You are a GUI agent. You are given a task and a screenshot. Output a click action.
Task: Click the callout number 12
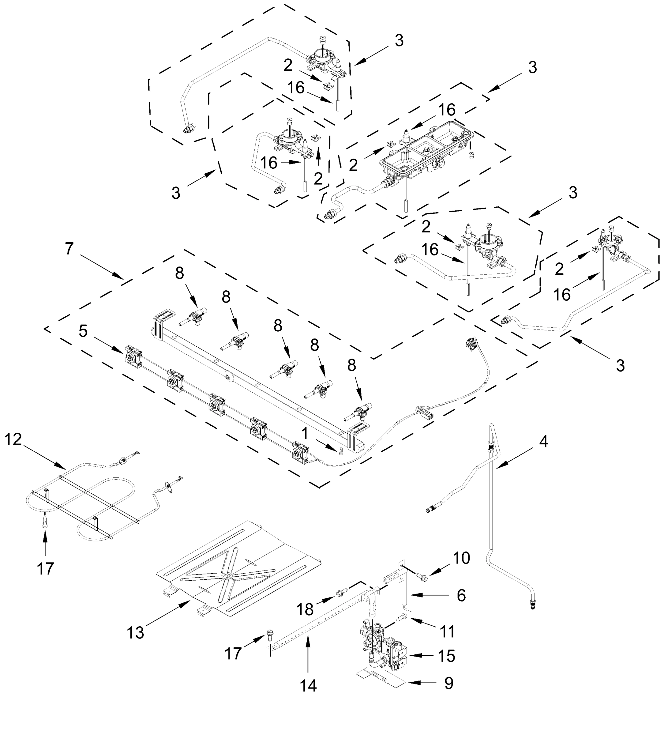(13, 439)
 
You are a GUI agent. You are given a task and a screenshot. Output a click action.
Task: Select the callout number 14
(308, 685)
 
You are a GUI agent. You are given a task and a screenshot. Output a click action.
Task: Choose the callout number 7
(69, 249)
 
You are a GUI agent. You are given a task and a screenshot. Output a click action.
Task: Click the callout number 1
(305, 433)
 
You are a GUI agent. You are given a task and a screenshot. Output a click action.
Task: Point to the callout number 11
(447, 631)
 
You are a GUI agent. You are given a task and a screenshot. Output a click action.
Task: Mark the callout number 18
(305, 609)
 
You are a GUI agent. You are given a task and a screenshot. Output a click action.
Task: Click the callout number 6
(461, 595)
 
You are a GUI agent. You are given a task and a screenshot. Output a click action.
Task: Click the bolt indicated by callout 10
(423, 575)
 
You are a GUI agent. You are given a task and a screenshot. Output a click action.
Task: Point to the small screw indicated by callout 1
(341, 451)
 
